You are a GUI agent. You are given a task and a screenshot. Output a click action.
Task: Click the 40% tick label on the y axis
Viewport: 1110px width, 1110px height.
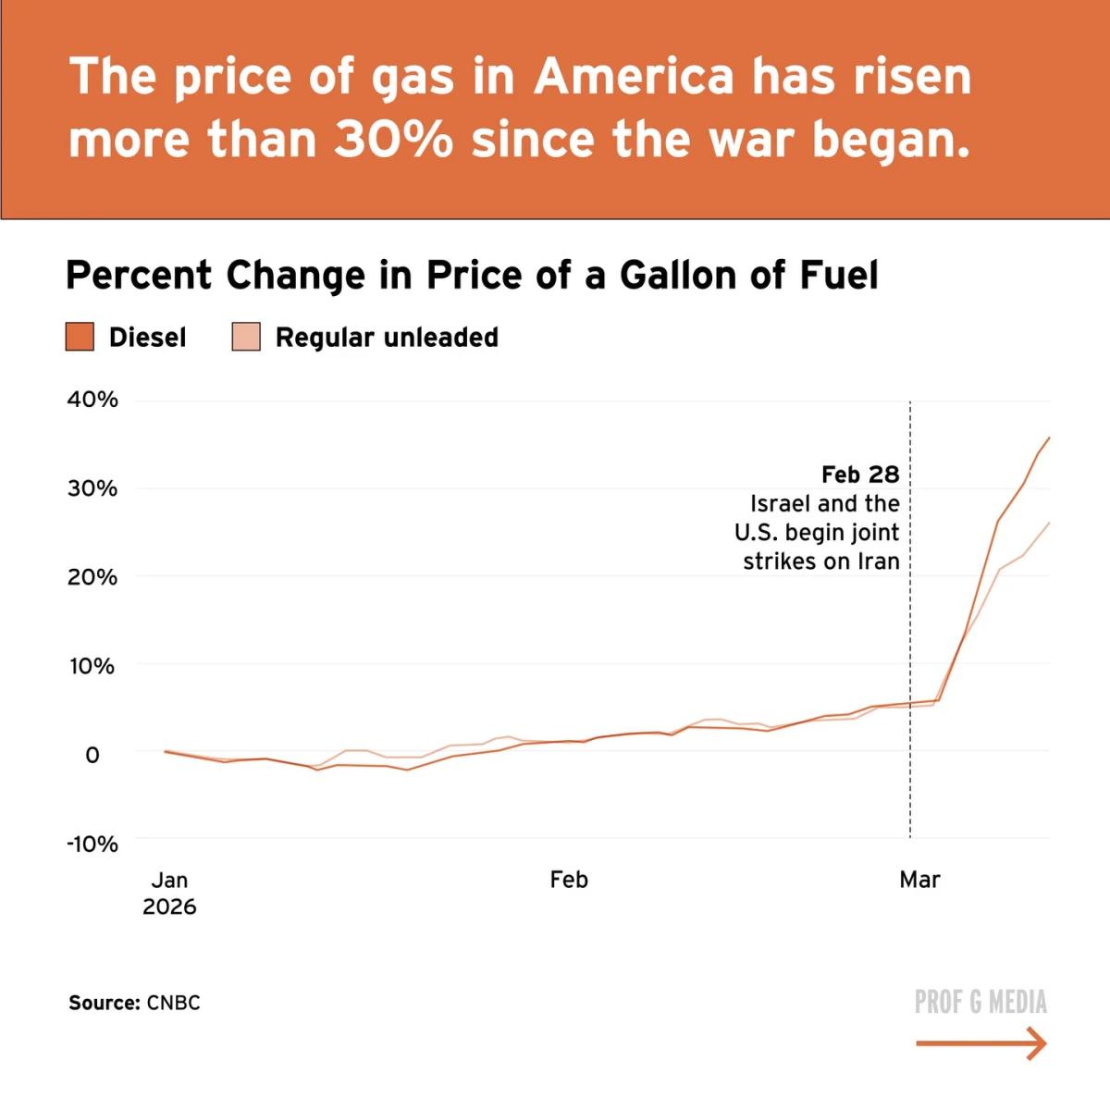[x=92, y=400]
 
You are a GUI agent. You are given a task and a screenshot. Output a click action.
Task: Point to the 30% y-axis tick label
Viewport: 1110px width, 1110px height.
[x=92, y=488]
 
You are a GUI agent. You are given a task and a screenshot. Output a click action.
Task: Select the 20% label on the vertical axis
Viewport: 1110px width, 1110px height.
[x=92, y=577]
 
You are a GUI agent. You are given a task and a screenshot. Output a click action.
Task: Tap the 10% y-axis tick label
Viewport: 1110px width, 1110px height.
[x=92, y=666]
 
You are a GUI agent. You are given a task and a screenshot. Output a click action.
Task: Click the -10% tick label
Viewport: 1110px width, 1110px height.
[x=92, y=844]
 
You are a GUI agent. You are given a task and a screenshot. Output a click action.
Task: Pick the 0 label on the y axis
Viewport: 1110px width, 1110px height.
[x=92, y=755]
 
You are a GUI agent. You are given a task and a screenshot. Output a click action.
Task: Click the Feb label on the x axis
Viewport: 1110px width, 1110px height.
[x=568, y=880]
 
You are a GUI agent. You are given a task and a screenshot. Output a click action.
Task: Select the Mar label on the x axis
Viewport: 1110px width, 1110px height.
[x=919, y=880]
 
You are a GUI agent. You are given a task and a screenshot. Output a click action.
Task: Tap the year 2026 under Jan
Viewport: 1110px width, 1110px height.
[x=169, y=906]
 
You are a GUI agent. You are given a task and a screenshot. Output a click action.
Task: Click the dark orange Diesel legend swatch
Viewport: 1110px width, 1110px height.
[x=80, y=337]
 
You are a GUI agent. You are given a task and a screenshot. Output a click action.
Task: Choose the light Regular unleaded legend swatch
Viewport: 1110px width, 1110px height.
[x=246, y=337]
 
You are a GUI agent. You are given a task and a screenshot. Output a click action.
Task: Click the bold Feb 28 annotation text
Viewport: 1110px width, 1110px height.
[x=860, y=475]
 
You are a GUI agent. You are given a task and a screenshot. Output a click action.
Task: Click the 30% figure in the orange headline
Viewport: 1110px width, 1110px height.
[x=394, y=140]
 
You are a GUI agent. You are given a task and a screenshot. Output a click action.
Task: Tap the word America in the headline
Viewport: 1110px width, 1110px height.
[x=634, y=76]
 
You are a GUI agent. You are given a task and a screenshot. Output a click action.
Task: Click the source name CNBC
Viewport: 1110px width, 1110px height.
[x=173, y=1003]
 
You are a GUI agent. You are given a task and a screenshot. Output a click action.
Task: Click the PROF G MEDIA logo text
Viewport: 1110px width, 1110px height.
[x=980, y=1002]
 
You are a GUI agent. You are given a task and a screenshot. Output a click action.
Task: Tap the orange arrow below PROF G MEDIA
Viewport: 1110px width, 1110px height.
[x=981, y=1044]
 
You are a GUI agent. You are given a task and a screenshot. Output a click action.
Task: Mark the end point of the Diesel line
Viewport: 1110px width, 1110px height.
[x=1049, y=438]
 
